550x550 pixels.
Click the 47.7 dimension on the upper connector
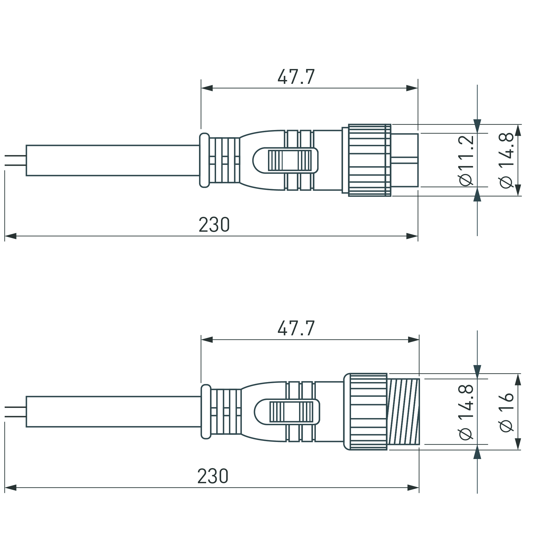click(x=296, y=77)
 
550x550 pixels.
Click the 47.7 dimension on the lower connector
click(x=296, y=328)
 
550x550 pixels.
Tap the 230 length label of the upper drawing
click(x=214, y=225)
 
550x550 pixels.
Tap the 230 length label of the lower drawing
click(x=213, y=476)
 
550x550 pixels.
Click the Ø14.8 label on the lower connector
click(x=466, y=412)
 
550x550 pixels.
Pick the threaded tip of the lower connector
click(x=403, y=412)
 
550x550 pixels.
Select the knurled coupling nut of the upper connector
click(x=369, y=160)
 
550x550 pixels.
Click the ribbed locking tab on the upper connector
click(x=289, y=160)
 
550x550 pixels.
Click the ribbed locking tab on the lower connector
click(x=291, y=412)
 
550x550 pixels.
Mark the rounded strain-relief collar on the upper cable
click(x=204, y=160)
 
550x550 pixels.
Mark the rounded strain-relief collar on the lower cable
click(x=206, y=412)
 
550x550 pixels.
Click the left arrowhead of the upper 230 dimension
click(x=10, y=236)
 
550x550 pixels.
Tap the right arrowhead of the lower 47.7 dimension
click(x=413, y=340)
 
